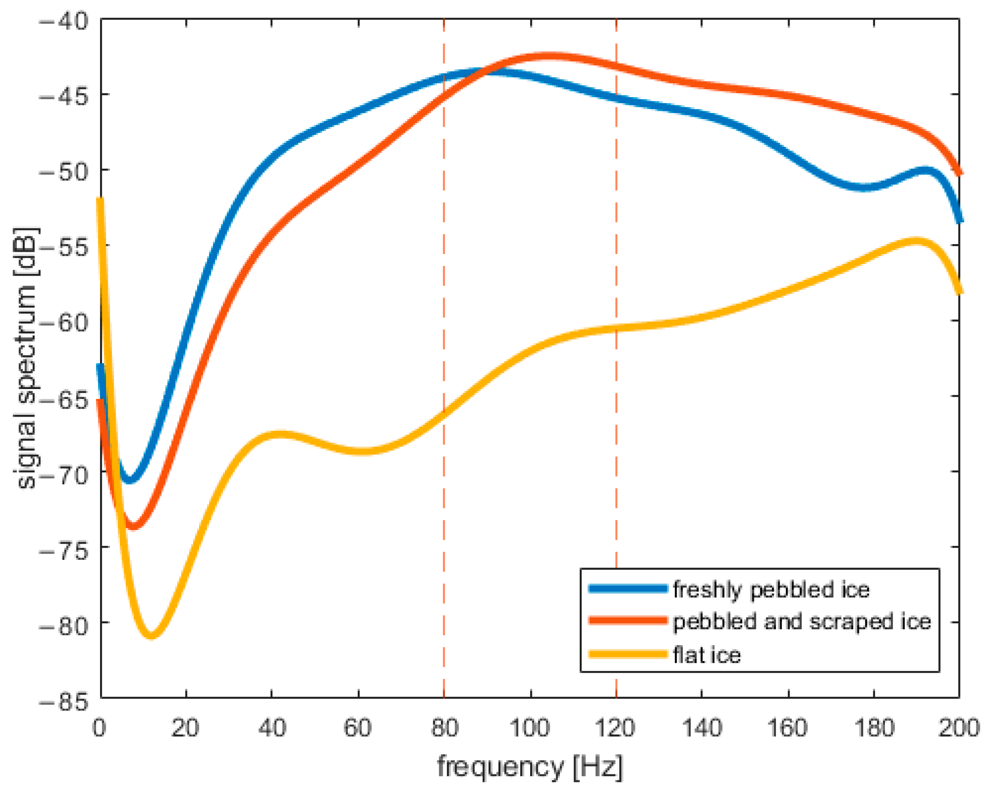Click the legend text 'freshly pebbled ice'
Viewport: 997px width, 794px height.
pyautogui.click(x=771, y=590)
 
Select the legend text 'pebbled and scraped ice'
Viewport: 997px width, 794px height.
pyautogui.click(x=801, y=622)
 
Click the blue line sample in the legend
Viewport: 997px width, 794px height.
pyautogui.click(x=628, y=589)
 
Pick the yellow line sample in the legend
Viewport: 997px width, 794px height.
pyautogui.click(x=628, y=654)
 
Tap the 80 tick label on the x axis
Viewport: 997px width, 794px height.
pyautogui.click(x=444, y=728)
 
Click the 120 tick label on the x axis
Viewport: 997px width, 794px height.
pyautogui.click(x=615, y=728)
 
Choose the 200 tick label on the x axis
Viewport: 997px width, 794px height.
pyautogui.click(x=959, y=728)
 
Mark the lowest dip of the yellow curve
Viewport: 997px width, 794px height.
pyautogui.click(x=151, y=636)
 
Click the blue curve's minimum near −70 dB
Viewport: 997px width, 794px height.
pyautogui.click(x=129, y=480)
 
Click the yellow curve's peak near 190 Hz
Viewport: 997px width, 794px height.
pyautogui.click(x=916, y=241)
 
